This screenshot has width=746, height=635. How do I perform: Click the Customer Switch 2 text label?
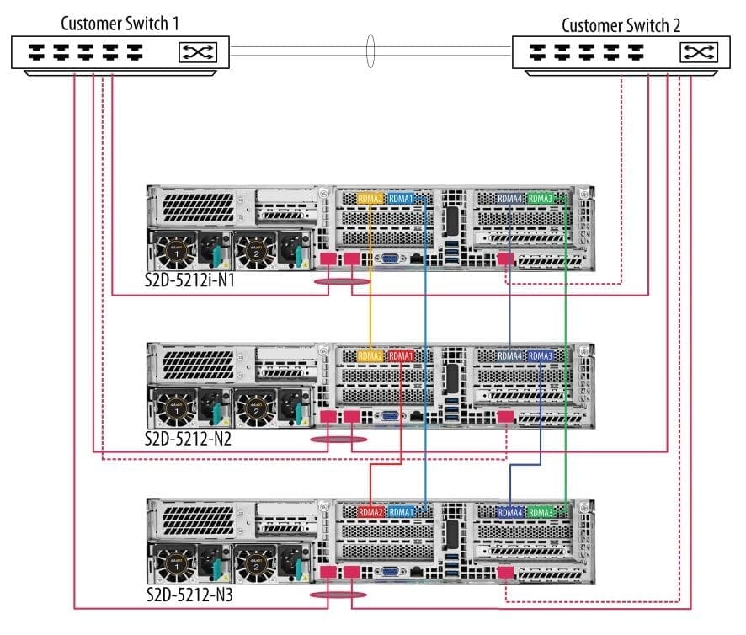[621, 24]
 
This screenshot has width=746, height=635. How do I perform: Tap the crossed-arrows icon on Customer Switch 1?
[196, 54]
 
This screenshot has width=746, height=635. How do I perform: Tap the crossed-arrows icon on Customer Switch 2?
[697, 54]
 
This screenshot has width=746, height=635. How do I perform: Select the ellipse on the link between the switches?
[370, 50]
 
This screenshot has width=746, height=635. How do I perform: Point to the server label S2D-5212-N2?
[187, 439]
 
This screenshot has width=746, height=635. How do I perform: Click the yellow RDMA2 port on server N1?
[370, 199]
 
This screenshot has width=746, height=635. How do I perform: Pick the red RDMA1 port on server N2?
[402, 356]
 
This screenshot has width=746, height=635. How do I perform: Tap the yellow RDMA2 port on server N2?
[370, 356]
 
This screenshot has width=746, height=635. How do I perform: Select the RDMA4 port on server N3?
[510, 512]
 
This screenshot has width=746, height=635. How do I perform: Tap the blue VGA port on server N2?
[390, 416]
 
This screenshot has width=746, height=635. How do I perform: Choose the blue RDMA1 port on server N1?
[402, 199]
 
